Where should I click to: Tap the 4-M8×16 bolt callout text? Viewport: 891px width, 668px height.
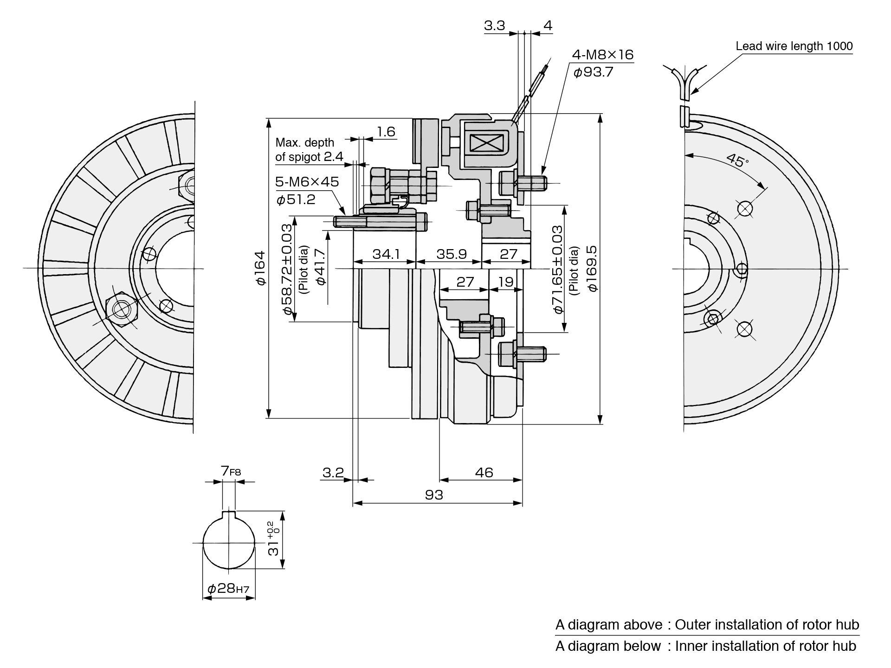(x=602, y=55)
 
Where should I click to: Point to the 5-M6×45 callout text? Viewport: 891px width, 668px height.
(x=307, y=182)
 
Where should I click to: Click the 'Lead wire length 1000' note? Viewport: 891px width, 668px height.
(x=794, y=46)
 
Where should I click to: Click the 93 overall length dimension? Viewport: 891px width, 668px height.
(x=434, y=495)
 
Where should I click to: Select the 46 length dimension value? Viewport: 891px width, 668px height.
(x=484, y=473)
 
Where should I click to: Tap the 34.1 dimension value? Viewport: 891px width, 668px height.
(x=386, y=254)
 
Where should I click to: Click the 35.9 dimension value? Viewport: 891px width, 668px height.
(x=451, y=254)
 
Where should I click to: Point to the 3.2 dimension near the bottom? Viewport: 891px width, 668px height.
(x=333, y=473)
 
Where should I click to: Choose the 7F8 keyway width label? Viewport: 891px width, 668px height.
(x=231, y=472)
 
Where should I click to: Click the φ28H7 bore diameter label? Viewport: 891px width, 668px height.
(x=228, y=589)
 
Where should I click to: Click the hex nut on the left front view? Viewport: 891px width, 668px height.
(x=122, y=308)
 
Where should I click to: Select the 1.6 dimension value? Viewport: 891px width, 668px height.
(x=386, y=132)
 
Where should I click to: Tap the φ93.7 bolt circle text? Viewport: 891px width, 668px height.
(x=593, y=72)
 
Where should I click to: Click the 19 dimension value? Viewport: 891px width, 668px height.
(x=506, y=282)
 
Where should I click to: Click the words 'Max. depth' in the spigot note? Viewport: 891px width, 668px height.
(x=304, y=142)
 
